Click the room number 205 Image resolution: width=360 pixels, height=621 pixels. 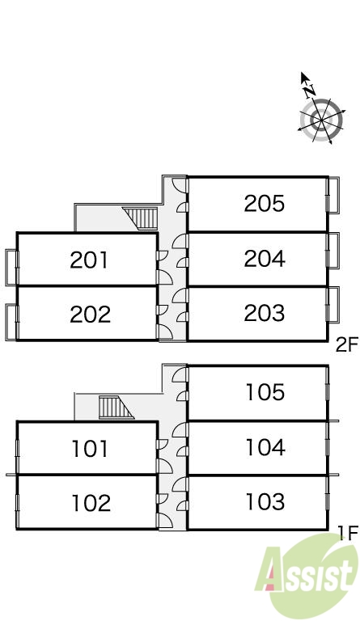click(x=265, y=204)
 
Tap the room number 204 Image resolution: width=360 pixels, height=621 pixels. click(x=265, y=258)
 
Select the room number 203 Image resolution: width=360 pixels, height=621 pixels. click(x=265, y=313)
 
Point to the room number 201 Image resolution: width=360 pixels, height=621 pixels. click(x=89, y=260)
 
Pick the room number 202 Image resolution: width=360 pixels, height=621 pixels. click(x=90, y=315)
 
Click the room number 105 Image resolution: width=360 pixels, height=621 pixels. click(x=265, y=392)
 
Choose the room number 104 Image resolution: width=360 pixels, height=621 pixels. click(x=265, y=447)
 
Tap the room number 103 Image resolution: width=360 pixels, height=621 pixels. click(x=265, y=501)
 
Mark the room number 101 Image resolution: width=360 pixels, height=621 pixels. click(x=90, y=449)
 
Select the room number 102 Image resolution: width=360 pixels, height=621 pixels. click(x=91, y=503)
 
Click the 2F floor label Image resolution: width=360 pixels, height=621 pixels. click(x=347, y=344)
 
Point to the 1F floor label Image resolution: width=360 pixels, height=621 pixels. click(x=349, y=531)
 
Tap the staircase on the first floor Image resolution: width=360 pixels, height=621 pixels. click(x=116, y=408)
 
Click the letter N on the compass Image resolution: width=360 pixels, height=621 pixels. click(x=310, y=91)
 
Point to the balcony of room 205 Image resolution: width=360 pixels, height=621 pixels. click(x=333, y=195)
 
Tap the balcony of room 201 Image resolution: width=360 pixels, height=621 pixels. click(x=11, y=268)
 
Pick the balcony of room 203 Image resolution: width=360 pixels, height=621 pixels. click(x=333, y=304)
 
